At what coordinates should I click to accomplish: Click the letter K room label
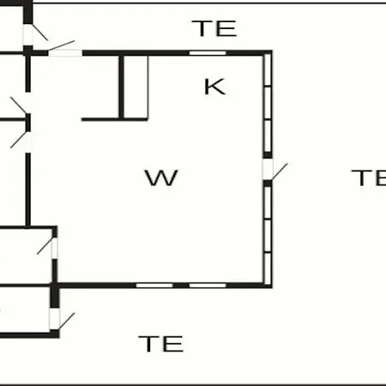point(215,87)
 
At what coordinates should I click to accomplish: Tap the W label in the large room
point(161,178)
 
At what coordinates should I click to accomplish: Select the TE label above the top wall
point(214,28)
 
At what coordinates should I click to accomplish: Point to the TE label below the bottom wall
point(161,344)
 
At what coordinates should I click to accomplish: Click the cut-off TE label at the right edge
point(369,178)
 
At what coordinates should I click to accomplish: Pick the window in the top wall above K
point(208,53)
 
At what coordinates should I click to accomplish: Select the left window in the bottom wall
point(154,286)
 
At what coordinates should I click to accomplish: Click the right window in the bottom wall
point(208,286)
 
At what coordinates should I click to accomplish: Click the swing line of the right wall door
point(280,172)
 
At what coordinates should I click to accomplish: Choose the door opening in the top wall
point(65,53)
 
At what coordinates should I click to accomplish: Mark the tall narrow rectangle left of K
point(136,87)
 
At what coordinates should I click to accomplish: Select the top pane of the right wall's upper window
point(268,69)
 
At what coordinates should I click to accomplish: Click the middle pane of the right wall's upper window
point(268,103)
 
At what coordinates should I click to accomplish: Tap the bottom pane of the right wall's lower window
point(268,268)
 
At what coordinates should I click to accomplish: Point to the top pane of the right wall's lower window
point(268,202)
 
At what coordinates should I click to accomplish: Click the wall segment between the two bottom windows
point(181,286)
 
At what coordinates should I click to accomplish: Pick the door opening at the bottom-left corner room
point(54,319)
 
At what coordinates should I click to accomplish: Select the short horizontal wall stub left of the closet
point(100,119)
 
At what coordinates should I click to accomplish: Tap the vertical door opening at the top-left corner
point(27,34)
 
